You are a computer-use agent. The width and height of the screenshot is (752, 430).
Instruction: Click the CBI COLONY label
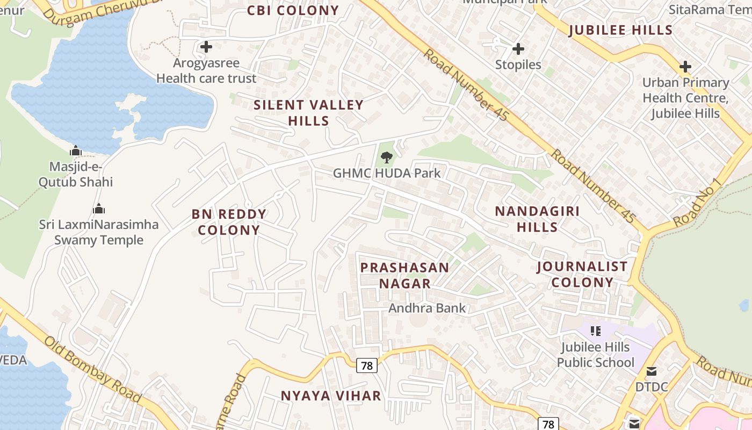[x=293, y=10]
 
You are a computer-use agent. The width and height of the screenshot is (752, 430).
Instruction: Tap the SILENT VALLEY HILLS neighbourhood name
[x=309, y=112]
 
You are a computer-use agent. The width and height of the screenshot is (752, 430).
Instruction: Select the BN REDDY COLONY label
[x=229, y=221]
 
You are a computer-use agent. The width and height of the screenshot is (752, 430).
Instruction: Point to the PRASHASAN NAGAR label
[x=404, y=275]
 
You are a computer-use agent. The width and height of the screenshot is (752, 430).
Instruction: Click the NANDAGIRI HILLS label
[x=537, y=219]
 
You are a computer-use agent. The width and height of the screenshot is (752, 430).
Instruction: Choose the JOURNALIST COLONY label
[x=582, y=274]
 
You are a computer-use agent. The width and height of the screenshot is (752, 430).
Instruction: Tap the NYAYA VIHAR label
[x=331, y=396]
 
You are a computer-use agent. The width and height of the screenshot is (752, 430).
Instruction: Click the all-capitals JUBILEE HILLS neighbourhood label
[x=621, y=30]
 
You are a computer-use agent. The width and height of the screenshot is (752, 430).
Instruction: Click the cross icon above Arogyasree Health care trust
[x=206, y=47]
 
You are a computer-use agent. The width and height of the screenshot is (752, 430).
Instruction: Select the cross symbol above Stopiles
[x=518, y=49]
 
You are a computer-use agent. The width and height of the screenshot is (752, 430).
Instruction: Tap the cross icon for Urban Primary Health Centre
[x=685, y=67]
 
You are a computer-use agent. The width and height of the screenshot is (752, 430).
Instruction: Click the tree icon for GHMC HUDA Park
[x=386, y=157]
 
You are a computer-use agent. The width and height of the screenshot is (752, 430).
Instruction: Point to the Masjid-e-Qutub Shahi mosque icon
[x=76, y=150]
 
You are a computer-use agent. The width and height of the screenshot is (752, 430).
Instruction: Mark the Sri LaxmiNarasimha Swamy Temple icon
[x=99, y=209]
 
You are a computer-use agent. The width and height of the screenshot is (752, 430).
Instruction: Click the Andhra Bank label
[x=427, y=308]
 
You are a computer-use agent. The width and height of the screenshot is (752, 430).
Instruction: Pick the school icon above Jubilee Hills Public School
[x=595, y=331]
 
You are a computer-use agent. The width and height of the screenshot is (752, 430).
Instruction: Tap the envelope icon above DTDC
[x=652, y=371]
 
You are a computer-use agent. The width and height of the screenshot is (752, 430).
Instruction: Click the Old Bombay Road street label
[x=93, y=370]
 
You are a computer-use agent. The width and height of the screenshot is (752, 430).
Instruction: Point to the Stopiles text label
[x=518, y=64]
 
